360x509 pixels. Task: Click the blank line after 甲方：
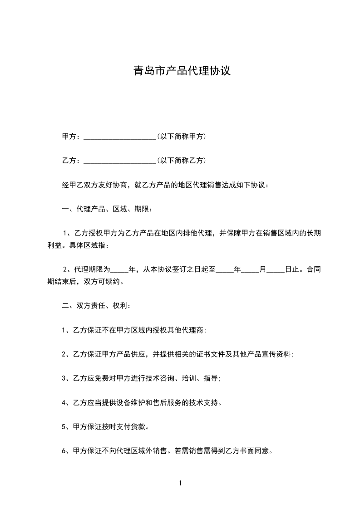(x=120, y=136)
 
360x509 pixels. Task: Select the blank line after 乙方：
(x=120, y=161)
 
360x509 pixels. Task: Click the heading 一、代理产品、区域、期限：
(x=107, y=209)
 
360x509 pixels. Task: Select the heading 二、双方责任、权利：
(x=97, y=306)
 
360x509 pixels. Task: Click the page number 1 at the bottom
(x=180, y=483)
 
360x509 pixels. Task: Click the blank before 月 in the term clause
(x=250, y=269)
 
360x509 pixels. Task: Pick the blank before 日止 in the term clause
(x=276, y=269)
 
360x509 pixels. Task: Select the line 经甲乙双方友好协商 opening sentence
(x=165, y=185)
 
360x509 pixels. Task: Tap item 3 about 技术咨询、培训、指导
(x=141, y=378)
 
